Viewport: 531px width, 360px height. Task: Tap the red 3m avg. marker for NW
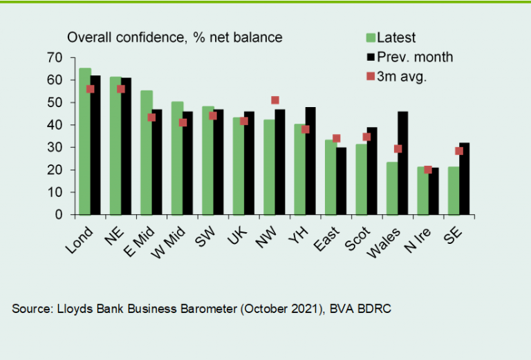[x=275, y=101]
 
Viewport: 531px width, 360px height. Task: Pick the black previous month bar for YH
[x=310, y=160]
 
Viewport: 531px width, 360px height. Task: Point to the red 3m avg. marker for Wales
[x=398, y=149]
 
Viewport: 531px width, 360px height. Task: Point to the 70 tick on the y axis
[x=55, y=57]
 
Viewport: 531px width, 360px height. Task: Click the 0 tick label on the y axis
[x=58, y=215]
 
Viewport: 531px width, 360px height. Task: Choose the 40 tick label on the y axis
[x=55, y=125]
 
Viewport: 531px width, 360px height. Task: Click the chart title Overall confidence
[x=174, y=37]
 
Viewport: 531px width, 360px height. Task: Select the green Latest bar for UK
[x=238, y=166]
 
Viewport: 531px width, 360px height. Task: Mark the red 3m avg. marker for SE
[x=459, y=151]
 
